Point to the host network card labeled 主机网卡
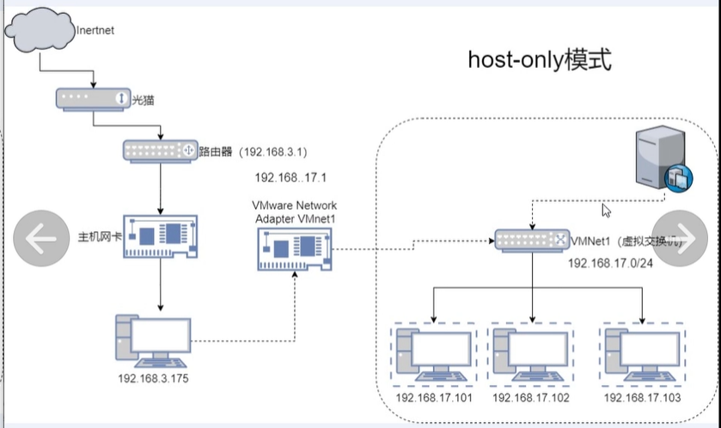pyautogui.click(x=161, y=235)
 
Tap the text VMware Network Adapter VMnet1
pyautogui.click(x=295, y=212)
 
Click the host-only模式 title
pyautogui.click(x=540, y=59)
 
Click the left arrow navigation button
pyautogui.click(x=40, y=238)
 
